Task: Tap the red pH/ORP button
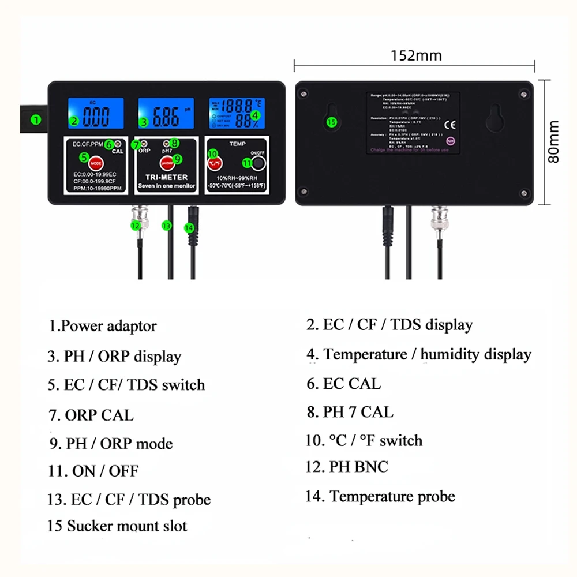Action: point(167,162)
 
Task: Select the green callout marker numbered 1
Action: point(36,120)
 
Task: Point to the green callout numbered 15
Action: point(331,122)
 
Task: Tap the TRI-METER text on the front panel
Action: point(166,178)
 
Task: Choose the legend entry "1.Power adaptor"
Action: point(102,326)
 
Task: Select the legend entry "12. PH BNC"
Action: point(347,467)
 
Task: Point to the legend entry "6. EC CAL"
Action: point(343,384)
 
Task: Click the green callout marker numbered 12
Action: point(136,226)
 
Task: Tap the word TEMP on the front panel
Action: point(237,144)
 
